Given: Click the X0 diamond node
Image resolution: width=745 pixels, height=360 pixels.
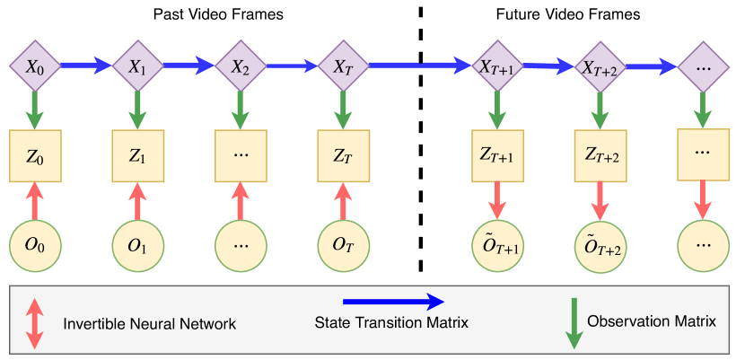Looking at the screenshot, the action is point(35,66).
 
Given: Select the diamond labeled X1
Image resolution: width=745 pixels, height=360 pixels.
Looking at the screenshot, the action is point(138,66).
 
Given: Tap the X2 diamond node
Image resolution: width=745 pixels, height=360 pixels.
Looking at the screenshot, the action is point(241,66).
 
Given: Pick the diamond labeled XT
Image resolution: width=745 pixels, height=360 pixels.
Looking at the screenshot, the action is point(343,66).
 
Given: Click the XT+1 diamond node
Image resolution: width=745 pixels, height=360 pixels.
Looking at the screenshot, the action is point(497,66).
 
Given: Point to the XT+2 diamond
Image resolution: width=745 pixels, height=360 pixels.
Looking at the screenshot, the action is point(600,66).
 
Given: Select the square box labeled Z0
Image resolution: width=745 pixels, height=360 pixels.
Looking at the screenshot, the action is point(35,156).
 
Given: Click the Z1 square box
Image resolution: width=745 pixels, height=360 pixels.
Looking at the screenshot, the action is point(138,156).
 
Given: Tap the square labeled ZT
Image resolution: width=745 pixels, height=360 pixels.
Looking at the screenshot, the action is point(343,156).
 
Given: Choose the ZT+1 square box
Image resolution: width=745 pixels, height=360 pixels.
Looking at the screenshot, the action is point(497,156).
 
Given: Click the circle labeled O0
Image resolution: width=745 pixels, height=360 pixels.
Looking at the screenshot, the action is point(35,246).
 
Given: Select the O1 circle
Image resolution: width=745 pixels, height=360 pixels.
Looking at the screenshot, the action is point(138,246).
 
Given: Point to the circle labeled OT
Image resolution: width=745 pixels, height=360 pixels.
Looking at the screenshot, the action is point(343,246).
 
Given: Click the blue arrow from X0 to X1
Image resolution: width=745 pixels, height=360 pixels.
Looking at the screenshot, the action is point(86,66).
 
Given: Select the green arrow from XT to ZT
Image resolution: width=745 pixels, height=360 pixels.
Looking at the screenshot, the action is point(343,110).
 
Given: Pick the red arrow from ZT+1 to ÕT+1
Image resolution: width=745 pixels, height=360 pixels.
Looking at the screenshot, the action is point(497,200).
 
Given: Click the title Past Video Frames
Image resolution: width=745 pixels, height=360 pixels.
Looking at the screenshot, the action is point(218,14).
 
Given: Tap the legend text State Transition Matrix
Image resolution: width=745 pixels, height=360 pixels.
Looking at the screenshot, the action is point(391,323).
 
